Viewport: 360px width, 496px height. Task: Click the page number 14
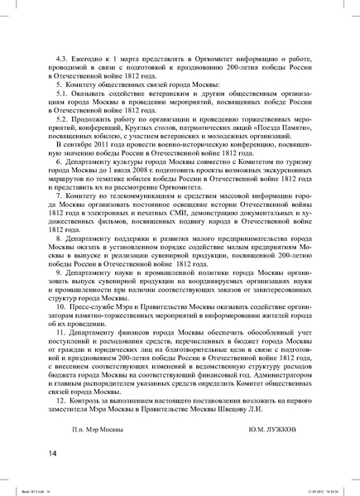click(53, 452)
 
